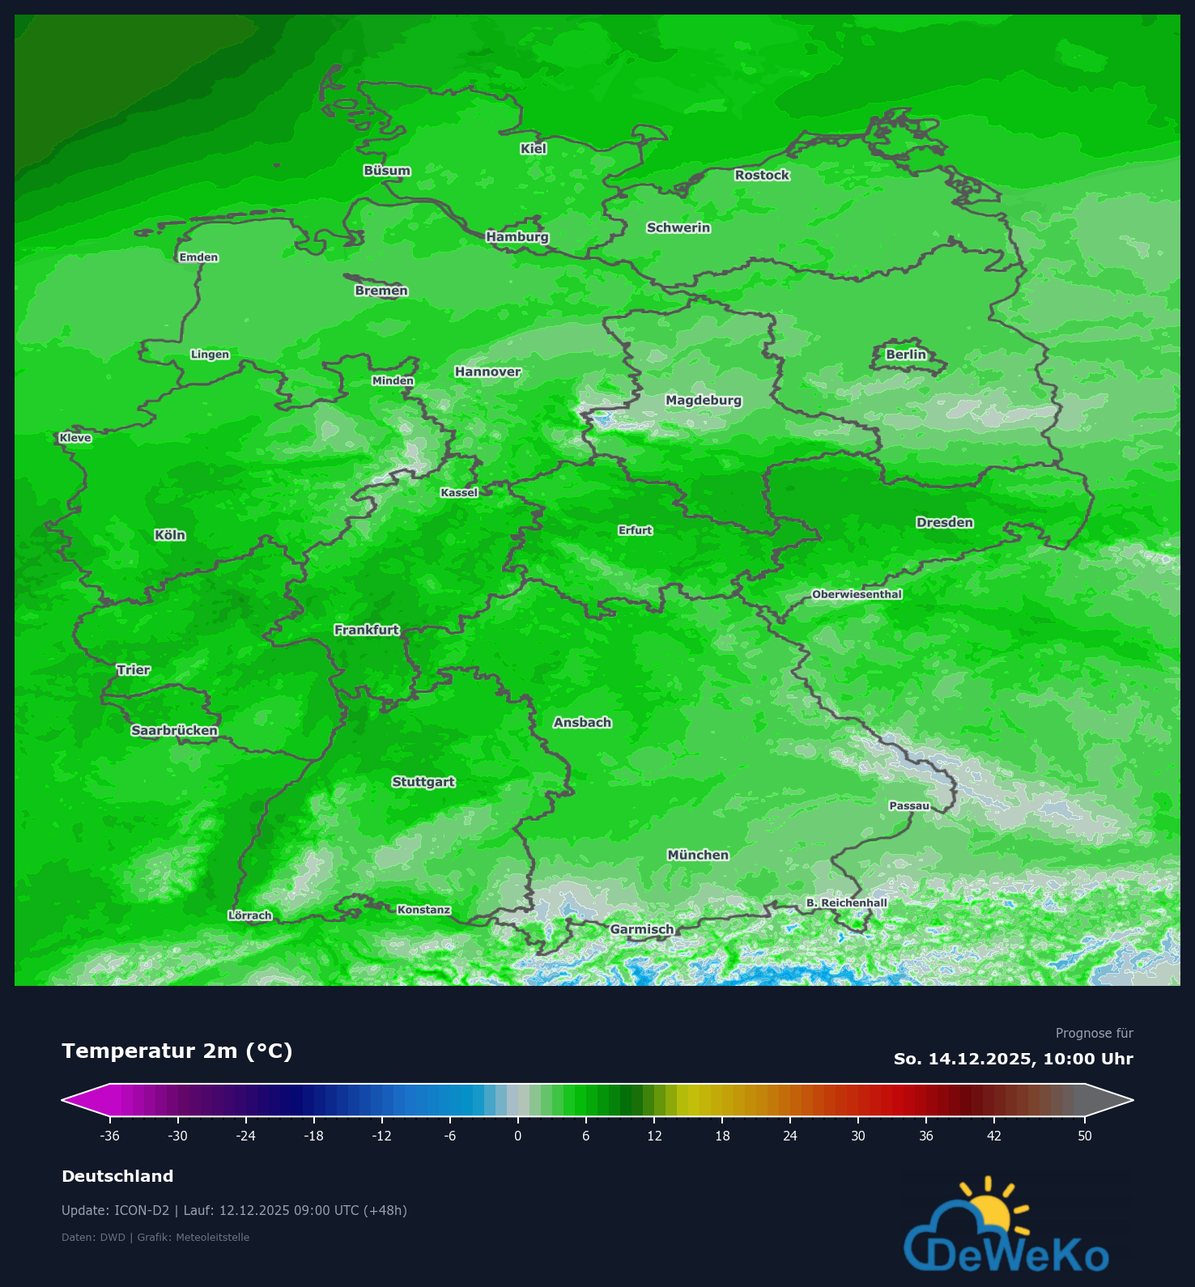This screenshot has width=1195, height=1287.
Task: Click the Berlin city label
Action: click(x=905, y=355)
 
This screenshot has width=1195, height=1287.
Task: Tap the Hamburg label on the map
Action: click(x=517, y=237)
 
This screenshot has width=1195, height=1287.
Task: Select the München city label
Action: click(x=698, y=855)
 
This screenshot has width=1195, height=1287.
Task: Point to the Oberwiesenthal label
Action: click(x=857, y=594)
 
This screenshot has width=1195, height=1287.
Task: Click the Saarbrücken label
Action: click(x=174, y=731)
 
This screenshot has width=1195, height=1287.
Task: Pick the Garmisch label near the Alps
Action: click(x=641, y=929)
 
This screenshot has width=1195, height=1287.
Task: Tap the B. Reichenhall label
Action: click(x=846, y=903)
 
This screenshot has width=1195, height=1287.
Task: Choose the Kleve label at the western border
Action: click(x=75, y=438)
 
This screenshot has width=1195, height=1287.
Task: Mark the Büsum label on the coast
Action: click(x=387, y=171)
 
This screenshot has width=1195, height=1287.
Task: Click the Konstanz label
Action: click(x=423, y=910)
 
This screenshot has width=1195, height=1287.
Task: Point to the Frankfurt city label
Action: click(x=367, y=630)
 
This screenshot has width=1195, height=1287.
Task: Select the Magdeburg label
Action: click(x=703, y=400)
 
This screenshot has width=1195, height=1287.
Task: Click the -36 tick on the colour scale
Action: click(x=110, y=1136)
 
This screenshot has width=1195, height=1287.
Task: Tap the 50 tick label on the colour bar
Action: click(x=1085, y=1136)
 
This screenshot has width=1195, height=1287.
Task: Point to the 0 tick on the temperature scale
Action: click(x=518, y=1136)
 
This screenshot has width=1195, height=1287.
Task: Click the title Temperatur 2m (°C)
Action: click(x=176, y=1051)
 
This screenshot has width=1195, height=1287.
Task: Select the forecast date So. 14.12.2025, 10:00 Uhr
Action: click(x=1013, y=1059)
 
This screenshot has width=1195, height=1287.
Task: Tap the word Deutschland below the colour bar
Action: click(x=117, y=1176)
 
